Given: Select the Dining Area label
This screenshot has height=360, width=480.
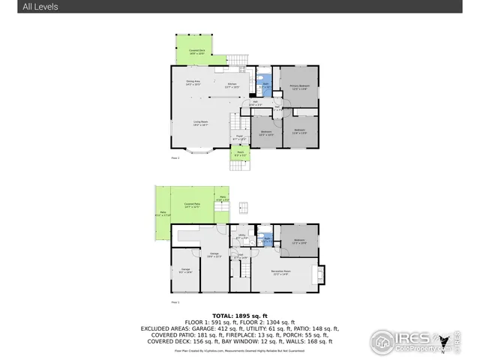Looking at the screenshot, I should (x=193, y=83).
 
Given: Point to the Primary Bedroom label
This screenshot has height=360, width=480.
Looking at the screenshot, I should (x=299, y=87).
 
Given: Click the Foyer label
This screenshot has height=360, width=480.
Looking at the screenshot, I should (x=239, y=139).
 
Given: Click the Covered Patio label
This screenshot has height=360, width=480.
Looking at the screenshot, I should (x=191, y=205).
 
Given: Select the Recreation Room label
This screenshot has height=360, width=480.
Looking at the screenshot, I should (x=281, y=273).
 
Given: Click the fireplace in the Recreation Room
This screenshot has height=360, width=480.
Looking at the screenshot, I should (x=322, y=274).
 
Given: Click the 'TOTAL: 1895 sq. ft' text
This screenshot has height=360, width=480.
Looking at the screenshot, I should (x=239, y=316).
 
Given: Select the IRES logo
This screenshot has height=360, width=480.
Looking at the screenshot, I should (x=405, y=340).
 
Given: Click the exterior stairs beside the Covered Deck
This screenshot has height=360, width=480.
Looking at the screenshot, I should (x=237, y=59).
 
